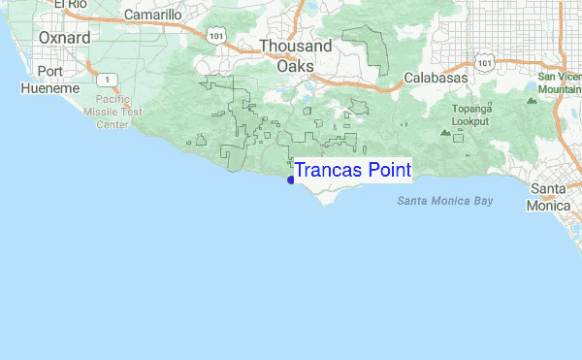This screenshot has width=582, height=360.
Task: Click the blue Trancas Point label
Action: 352,171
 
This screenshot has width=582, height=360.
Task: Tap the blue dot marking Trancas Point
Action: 291,180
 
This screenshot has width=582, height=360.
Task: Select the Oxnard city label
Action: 65,38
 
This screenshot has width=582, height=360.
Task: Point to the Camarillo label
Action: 152,16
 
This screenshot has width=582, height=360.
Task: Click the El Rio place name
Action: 71,5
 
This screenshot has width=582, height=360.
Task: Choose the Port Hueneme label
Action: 49,80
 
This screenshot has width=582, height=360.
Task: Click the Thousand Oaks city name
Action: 296,55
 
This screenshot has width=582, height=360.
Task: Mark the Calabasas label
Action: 436,77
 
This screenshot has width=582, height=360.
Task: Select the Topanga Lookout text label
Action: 469,115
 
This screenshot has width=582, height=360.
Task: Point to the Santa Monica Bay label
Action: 445,201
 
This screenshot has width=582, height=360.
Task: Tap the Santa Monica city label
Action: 554,197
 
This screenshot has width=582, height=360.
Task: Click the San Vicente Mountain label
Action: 560,82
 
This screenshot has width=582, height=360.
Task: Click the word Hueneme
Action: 49,88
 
